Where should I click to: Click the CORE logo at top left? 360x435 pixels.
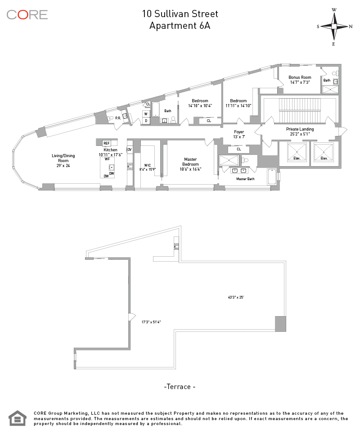[27, 14]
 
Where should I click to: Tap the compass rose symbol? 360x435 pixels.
[334, 26]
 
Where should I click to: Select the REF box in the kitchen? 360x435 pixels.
[107, 143]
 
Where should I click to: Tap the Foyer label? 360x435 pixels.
[239, 134]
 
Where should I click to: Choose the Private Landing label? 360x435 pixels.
[300, 131]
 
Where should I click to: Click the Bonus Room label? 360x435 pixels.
[300, 80]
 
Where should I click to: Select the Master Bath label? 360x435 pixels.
[245, 179]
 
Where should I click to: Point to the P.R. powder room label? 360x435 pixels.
[118, 118]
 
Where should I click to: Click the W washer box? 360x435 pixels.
[146, 114]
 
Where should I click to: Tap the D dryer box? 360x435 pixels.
[146, 121]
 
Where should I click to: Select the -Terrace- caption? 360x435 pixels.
[180, 386]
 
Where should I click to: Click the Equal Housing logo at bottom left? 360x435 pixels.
[18, 418]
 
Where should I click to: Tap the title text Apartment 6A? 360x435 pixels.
[180, 26]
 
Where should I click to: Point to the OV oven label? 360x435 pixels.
[130, 150]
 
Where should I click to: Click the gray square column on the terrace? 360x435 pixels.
[280, 324]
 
